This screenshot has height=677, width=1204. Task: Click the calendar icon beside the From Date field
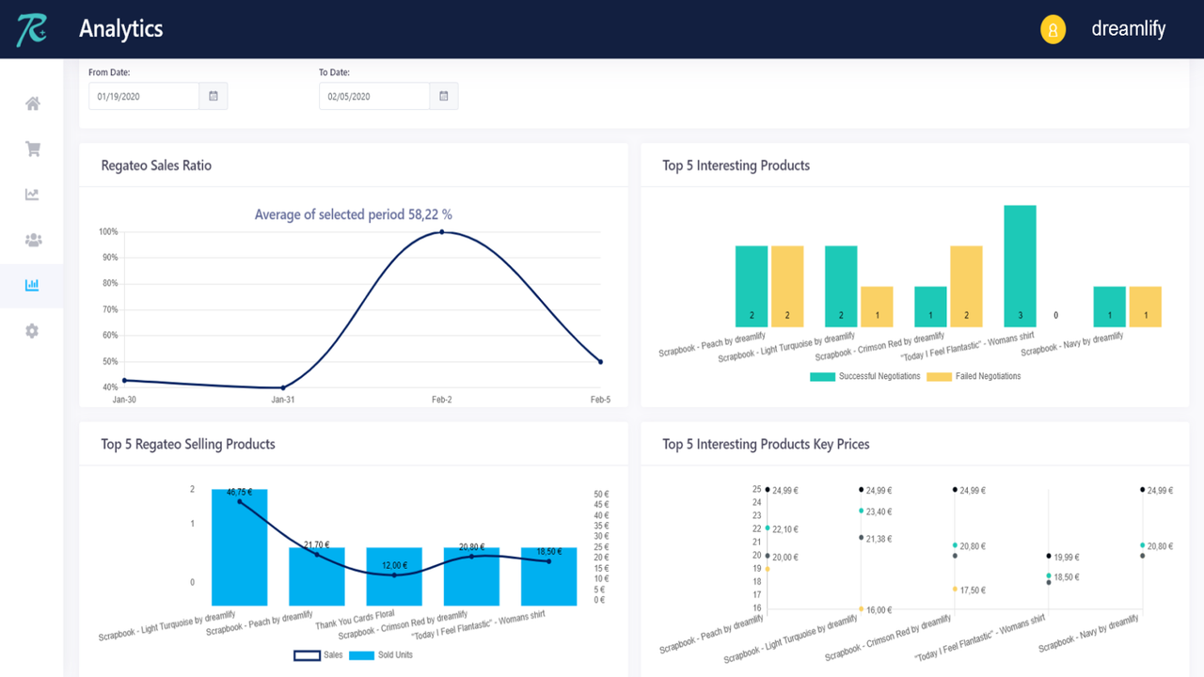214,96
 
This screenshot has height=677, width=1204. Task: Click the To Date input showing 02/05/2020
374,96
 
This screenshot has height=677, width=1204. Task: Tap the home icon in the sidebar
32,103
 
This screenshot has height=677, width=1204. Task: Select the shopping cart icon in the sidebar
32,149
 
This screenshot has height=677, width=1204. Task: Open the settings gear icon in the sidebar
32,331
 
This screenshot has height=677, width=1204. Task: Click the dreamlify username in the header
1128,29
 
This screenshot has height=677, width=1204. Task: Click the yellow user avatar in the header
1053,29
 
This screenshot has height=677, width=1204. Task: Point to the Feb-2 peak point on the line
441,231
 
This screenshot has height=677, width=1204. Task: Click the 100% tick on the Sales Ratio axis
108,232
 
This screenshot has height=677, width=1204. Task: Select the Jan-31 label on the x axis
283,400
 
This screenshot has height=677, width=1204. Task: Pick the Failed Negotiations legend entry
974,376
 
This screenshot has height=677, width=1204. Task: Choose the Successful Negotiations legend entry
865,376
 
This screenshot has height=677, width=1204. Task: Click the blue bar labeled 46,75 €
239,547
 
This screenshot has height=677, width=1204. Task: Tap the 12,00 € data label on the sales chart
394,565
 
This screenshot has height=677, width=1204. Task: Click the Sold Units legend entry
381,655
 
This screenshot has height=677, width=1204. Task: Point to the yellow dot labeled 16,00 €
861,609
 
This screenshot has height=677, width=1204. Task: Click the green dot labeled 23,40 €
861,512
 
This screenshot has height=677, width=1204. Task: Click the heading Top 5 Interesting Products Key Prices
766,444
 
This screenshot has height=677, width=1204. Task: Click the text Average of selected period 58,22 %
353,214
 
